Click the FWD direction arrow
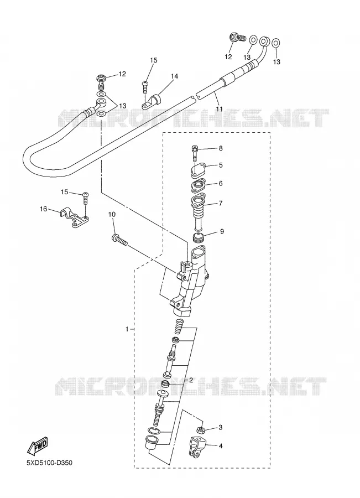(38, 445)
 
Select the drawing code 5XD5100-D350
(49, 463)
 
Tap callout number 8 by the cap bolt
(221, 148)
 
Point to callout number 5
(221, 165)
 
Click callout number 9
(222, 231)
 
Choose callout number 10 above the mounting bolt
(112, 215)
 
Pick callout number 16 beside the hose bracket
(44, 209)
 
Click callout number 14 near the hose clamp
(174, 76)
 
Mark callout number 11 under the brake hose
(219, 109)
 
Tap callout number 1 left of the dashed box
(127, 329)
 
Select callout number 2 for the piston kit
(191, 380)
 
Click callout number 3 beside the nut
(221, 428)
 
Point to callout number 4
(221, 446)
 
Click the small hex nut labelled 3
(201, 430)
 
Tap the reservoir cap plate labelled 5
(199, 170)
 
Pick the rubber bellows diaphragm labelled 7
(199, 213)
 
